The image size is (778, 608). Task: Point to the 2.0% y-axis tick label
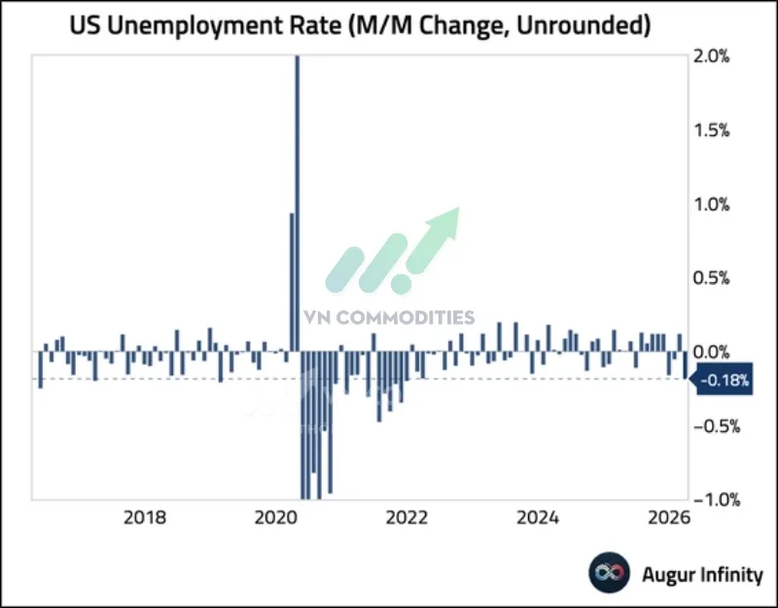[x=721, y=56]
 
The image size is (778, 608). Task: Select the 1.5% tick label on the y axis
[x=721, y=130]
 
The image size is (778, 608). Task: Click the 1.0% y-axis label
[x=721, y=204]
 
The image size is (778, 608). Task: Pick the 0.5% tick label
[x=721, y=278]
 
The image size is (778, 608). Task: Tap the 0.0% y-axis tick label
[x=721, y=351]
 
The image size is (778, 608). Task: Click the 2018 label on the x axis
[x=144, y=518]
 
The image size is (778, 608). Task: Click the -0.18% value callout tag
[x=725, y=381]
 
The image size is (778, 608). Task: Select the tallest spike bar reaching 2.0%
[x=298, y=195]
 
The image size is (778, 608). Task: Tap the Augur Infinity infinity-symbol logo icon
[x=610, y=574]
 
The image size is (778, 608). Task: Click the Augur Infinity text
[x=702, y=574]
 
